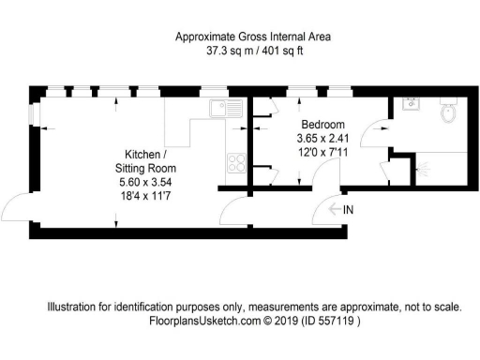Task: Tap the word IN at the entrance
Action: tap(348, 209)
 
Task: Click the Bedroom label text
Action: tap(322, 125)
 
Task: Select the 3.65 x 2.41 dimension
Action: tap(322, 139)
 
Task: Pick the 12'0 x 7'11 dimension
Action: tap(322, 153)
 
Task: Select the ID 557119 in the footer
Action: tap(333, 320)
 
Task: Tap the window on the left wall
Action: tap(32, 112)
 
